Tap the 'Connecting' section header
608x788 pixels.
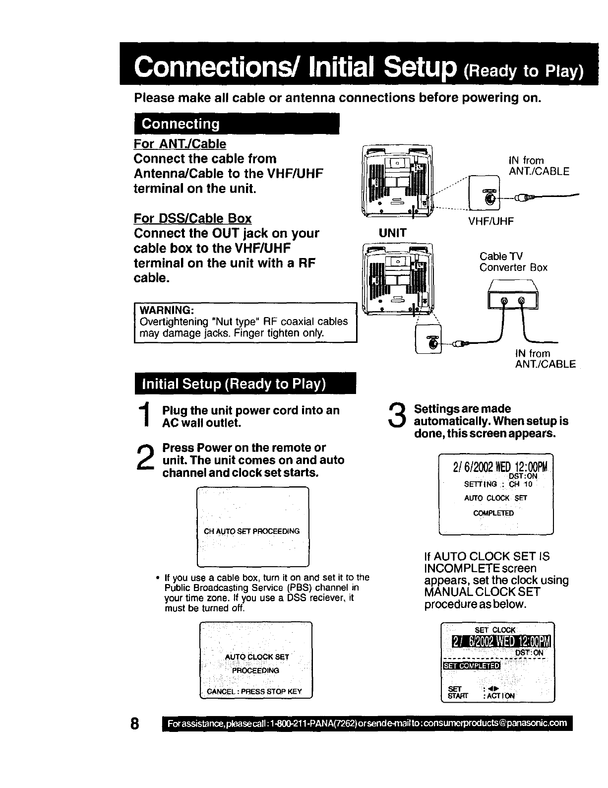(x=181, y=124)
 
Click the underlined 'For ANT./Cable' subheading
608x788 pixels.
(x=180, y=144)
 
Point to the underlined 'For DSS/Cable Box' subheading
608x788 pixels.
(x=192, y=218)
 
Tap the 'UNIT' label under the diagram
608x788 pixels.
(x=392, y=233)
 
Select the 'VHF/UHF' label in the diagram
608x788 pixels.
(x=491, y=221)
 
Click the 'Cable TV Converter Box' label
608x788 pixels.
(x=513, y=262)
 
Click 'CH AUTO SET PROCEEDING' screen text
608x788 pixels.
(x=252, y=531)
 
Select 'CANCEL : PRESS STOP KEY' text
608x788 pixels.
(x=254, y=691)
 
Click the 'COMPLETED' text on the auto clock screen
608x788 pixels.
(x=493, y=513)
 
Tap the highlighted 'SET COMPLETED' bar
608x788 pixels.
(x=471, y=665)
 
